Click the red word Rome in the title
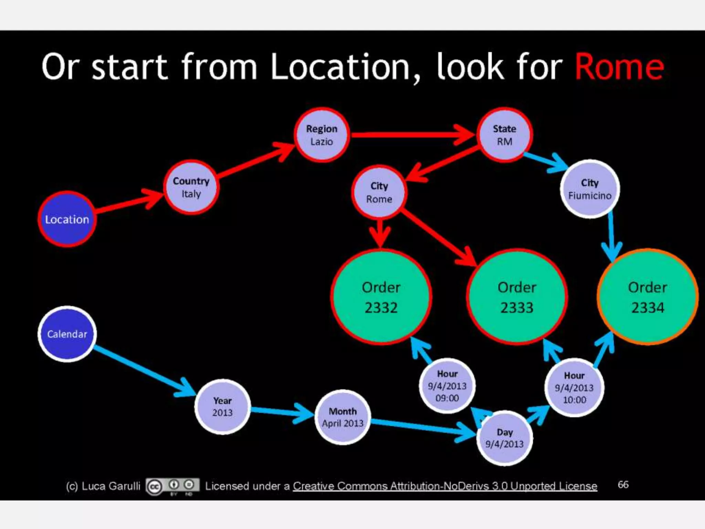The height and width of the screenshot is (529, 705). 619,67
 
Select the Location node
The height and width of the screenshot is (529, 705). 67,219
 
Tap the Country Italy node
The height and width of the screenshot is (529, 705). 191,187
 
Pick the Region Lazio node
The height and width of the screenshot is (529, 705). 322,135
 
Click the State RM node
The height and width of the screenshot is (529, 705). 504,135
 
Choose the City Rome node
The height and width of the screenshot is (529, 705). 379,192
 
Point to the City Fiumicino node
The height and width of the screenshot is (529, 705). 590,189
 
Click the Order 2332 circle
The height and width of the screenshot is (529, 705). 381,297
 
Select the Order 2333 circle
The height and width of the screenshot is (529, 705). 517,297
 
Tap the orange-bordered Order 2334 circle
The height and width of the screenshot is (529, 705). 648,297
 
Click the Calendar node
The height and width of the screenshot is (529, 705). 67,334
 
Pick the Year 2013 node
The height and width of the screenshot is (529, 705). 222,407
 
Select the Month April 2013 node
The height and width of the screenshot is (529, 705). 343,417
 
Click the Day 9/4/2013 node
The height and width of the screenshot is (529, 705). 504,438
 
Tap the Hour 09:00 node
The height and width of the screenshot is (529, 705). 447,386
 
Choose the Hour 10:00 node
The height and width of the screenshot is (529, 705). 574,387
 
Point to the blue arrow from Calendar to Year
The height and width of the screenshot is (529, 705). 145,371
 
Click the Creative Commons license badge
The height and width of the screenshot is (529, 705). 172,486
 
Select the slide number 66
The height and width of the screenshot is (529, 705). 623,485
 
